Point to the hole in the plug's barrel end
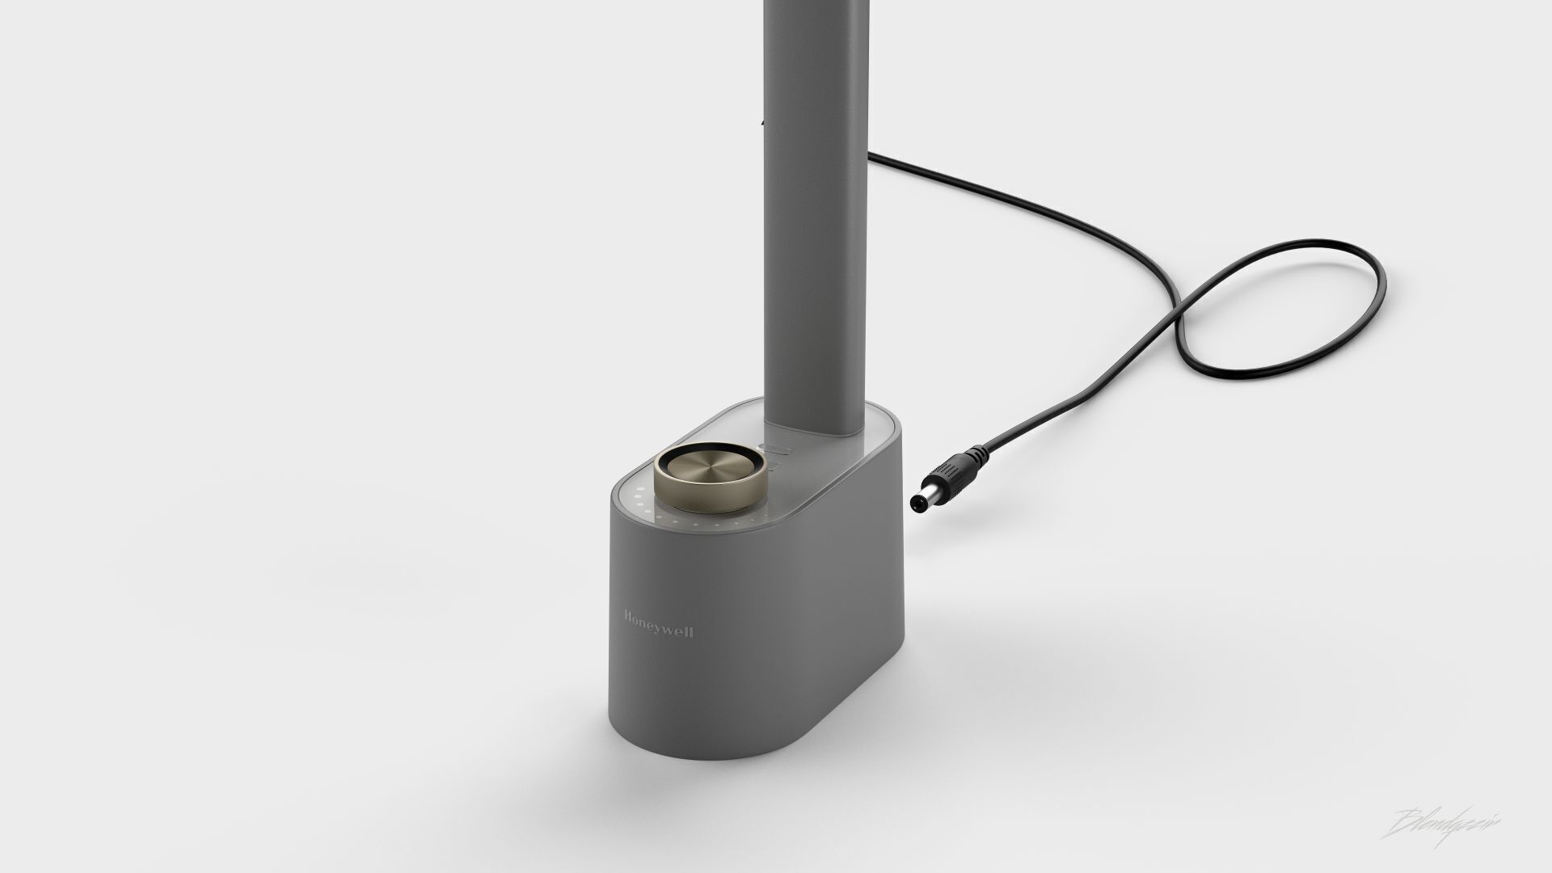coord(915,504)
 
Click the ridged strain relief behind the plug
coord(983,453)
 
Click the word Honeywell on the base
coord(658,625)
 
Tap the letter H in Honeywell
coord(628,617)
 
